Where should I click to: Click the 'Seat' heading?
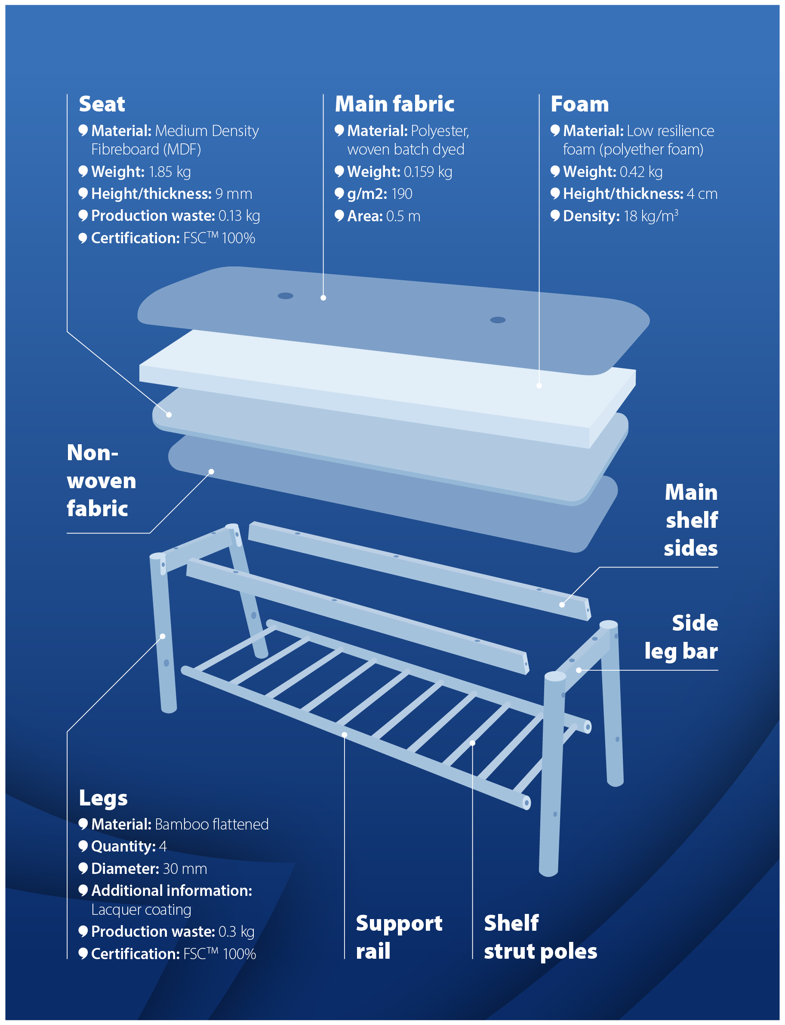click(x=102, y=104)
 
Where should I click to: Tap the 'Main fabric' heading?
click(x=394, y=104)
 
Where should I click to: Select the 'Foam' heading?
click(x=579, y=104)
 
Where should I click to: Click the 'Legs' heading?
click(x=103, y=798)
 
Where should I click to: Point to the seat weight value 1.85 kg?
click(x=169, y=172)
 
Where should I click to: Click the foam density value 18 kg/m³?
click(x=651, y=216)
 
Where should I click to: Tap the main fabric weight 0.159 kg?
click(x=428, y=172)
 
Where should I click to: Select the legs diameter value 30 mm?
click(x=185, y=868)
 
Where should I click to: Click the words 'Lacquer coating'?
click(x=141, y=910)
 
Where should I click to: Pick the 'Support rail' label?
click(x=399, y=937)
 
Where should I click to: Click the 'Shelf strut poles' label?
click(x=541, y=937)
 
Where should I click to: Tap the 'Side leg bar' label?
click(x=681, y=637)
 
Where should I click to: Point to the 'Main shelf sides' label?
click(x=691, y=520)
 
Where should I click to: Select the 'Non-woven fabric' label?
click(x=102, y=480)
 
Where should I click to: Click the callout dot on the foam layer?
click(x=539, y=385)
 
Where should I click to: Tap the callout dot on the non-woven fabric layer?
click(x=211, y=471)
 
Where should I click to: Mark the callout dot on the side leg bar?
click(x=579, y=670)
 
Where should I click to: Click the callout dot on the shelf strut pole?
click(x=472, y=743)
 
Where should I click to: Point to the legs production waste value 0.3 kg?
click(x=237, y=932)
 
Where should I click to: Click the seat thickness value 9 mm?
click(x=234, y=194)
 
